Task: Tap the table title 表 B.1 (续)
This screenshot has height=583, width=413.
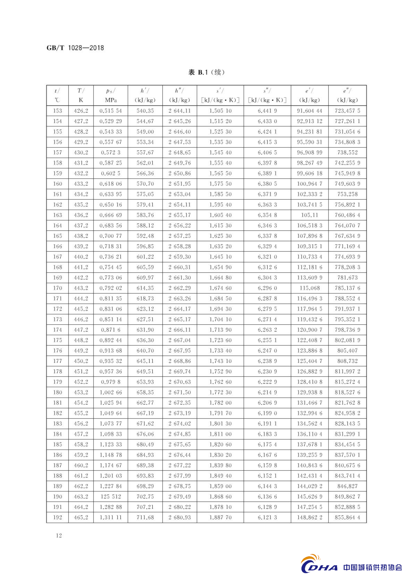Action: point(206,72)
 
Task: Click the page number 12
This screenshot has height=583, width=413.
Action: point(59,535)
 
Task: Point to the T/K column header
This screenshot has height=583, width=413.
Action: point(81,96)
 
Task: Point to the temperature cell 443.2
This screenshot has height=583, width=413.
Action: point(81,288)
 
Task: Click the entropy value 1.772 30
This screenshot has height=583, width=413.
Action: point(220,392)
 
